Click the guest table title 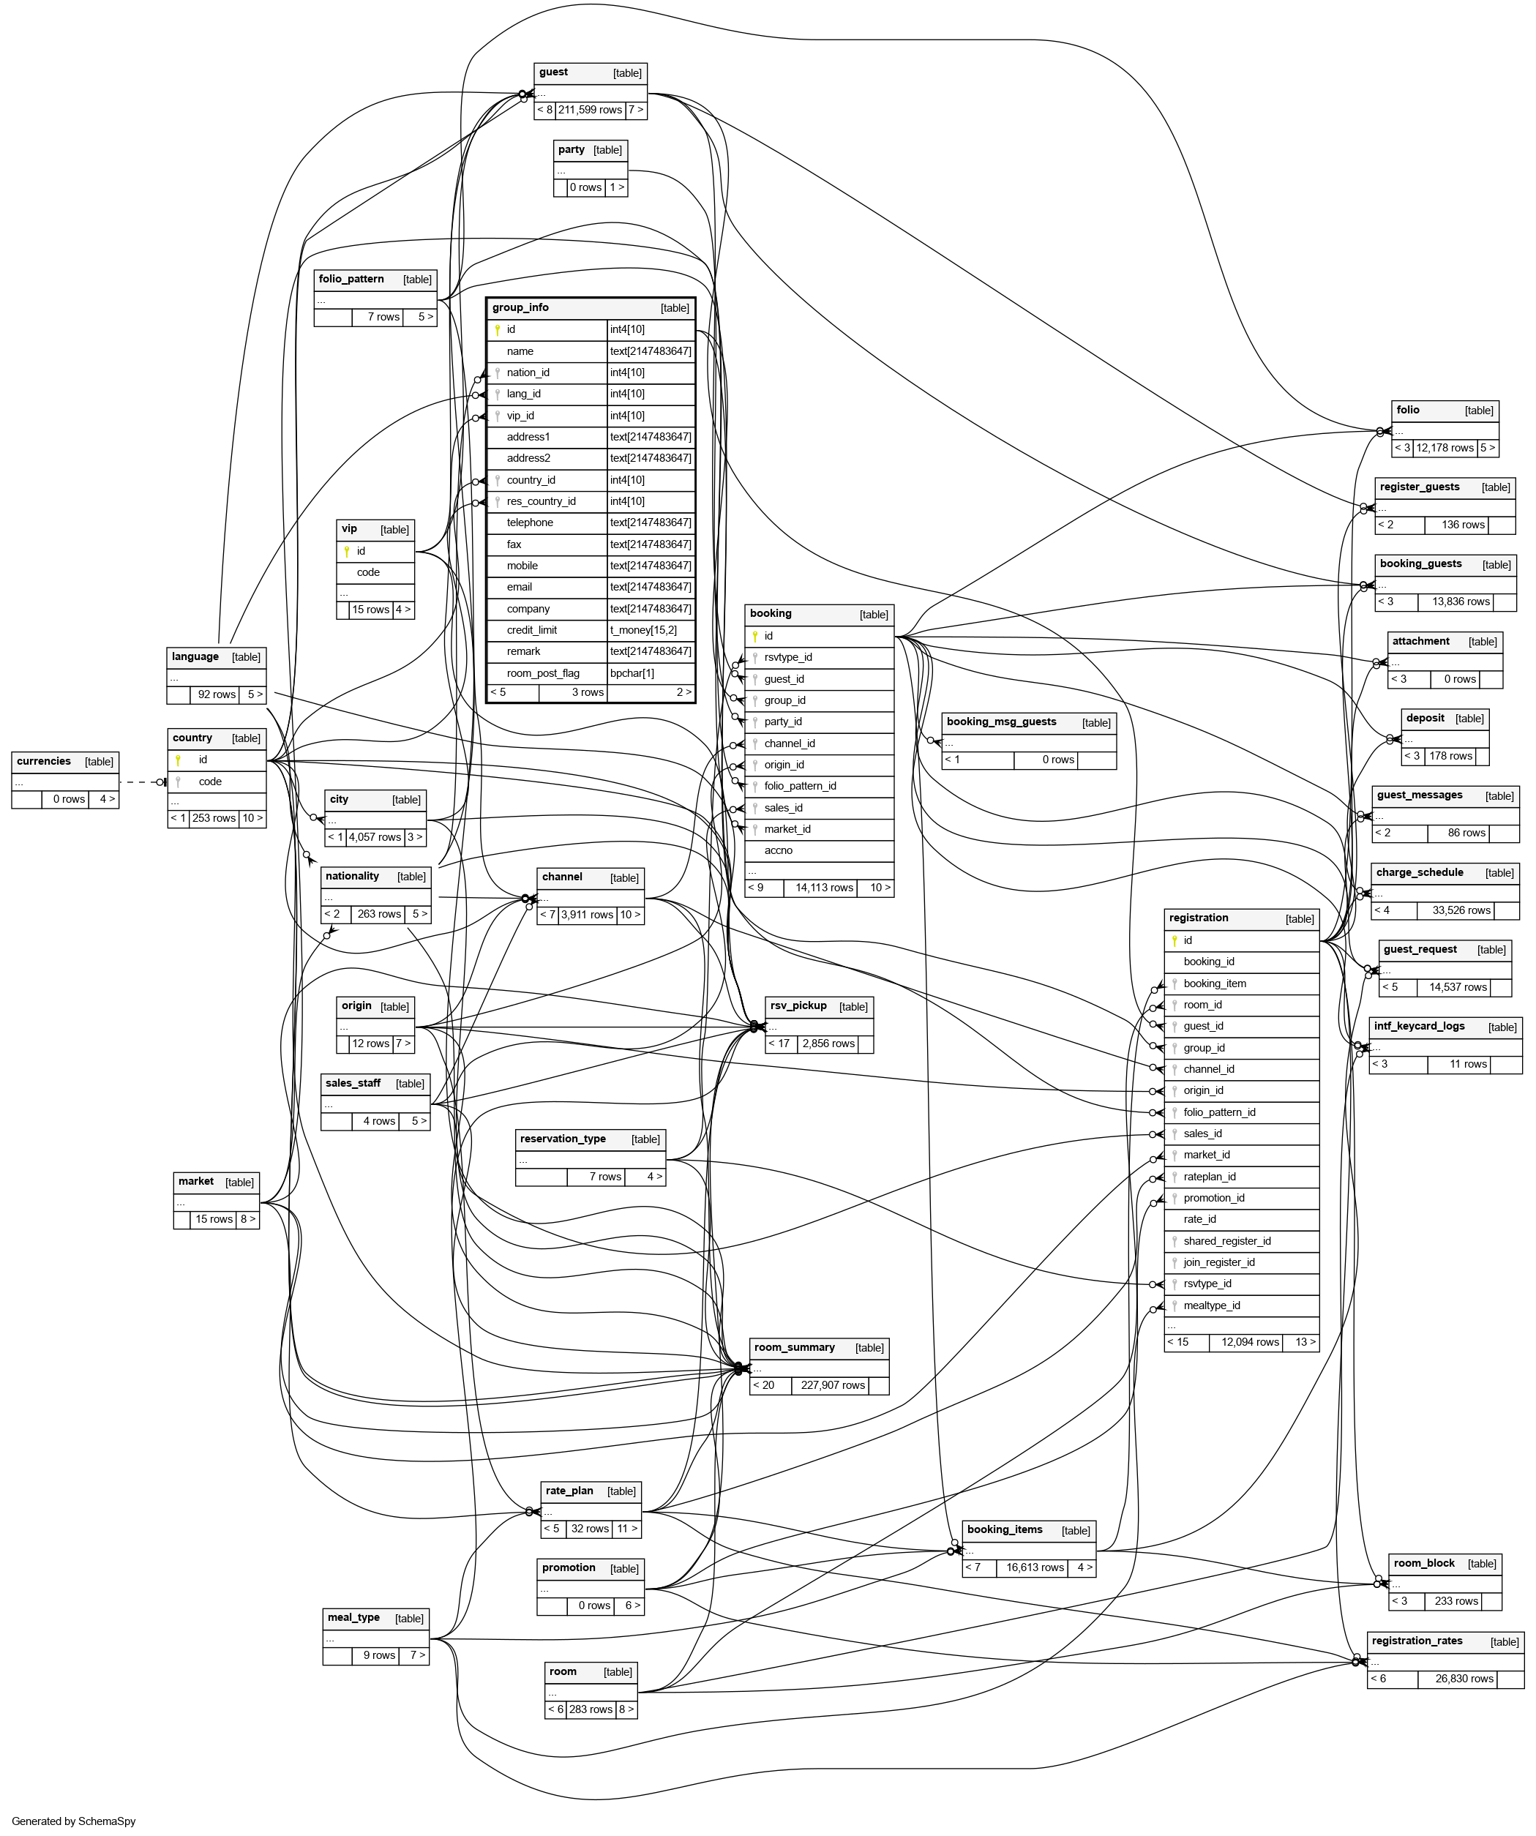click(553, 72)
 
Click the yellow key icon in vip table click(347, 552)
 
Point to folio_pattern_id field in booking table click(800, 786)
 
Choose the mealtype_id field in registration click(1212, 1305)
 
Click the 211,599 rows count click(589, 110)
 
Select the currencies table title click(44, 762)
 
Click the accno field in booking click(778, 851)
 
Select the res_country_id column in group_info click(541, 502)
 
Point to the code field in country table click(210, 782)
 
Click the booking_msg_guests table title click(1001, 722)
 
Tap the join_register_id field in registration click(1218, 1262)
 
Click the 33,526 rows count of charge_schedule click(1461, 910)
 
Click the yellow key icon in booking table click(755, 637)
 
